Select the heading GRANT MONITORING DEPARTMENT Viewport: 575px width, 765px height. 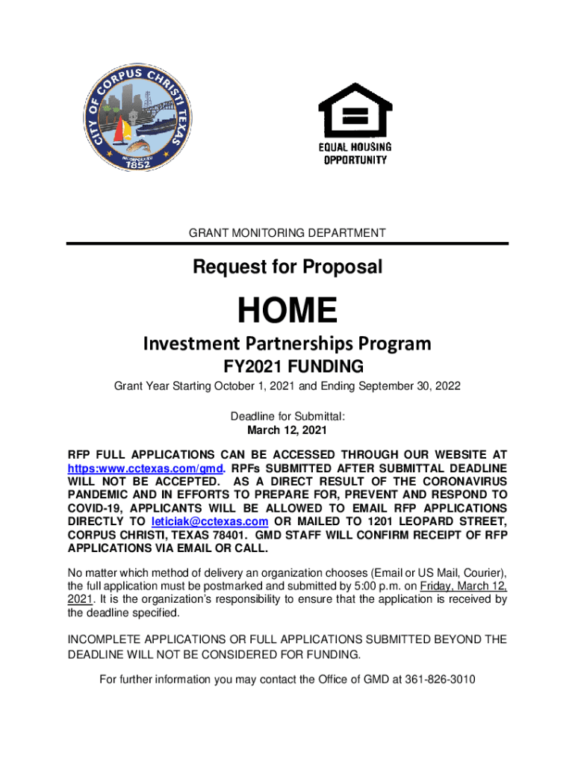287,233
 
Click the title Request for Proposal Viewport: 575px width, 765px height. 287,267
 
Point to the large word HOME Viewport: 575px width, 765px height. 287,309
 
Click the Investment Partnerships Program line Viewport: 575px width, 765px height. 287,344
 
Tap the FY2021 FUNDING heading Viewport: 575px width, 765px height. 287,367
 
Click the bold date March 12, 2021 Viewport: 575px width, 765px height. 287,430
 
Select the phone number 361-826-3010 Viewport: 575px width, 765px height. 440,679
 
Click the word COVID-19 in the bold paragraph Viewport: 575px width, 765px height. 94,508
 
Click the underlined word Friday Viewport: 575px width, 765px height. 437,586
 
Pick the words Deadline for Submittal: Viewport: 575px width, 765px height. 287,416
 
